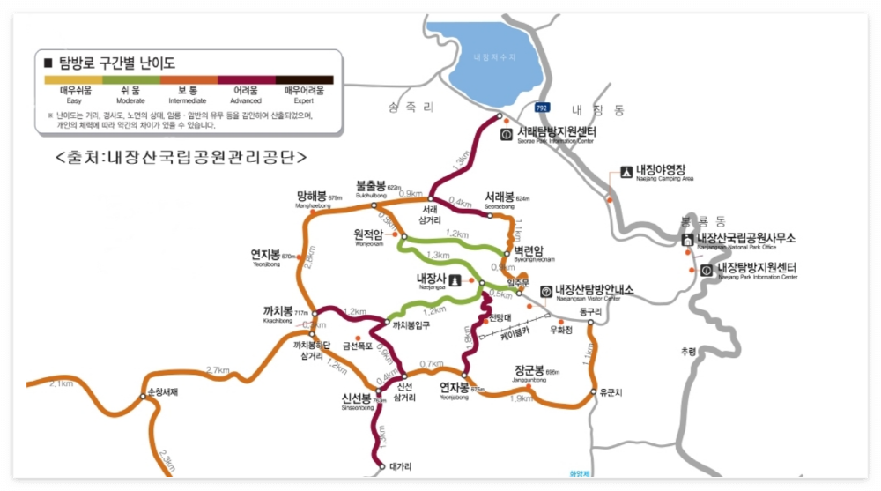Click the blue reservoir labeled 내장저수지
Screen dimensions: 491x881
coord(493,57)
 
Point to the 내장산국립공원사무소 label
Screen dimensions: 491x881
coord(745,238)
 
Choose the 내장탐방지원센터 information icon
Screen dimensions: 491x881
coord(707,270)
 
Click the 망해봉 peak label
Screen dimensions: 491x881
coord(312,196)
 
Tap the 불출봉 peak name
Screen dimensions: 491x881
coord(370,186)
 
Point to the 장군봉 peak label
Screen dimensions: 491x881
coord(529,370)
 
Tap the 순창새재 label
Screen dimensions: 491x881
coord(162,391)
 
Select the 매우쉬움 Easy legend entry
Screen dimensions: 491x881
coord(76,91)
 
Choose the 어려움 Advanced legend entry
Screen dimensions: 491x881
coord(246,91)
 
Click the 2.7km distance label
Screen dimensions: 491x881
coord(218,370)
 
